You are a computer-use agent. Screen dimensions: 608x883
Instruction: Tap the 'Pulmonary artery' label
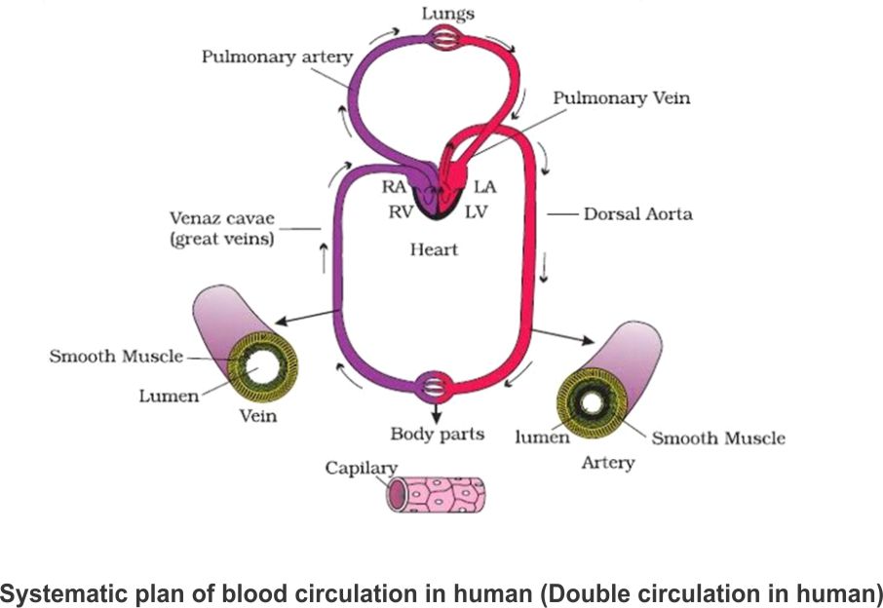click(276, 56)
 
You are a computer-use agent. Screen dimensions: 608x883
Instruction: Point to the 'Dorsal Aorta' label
click(637, 213)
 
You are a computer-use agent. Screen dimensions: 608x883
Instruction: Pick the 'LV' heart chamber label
click(478, 211)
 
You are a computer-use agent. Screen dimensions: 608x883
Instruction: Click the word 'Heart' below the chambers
click(434, 250)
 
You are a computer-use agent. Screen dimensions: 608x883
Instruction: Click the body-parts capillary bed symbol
click(435, 386)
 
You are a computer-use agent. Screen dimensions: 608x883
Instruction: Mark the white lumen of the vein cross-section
click(259, 370)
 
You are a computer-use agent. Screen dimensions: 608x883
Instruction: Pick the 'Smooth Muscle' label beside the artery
click(717, 438)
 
